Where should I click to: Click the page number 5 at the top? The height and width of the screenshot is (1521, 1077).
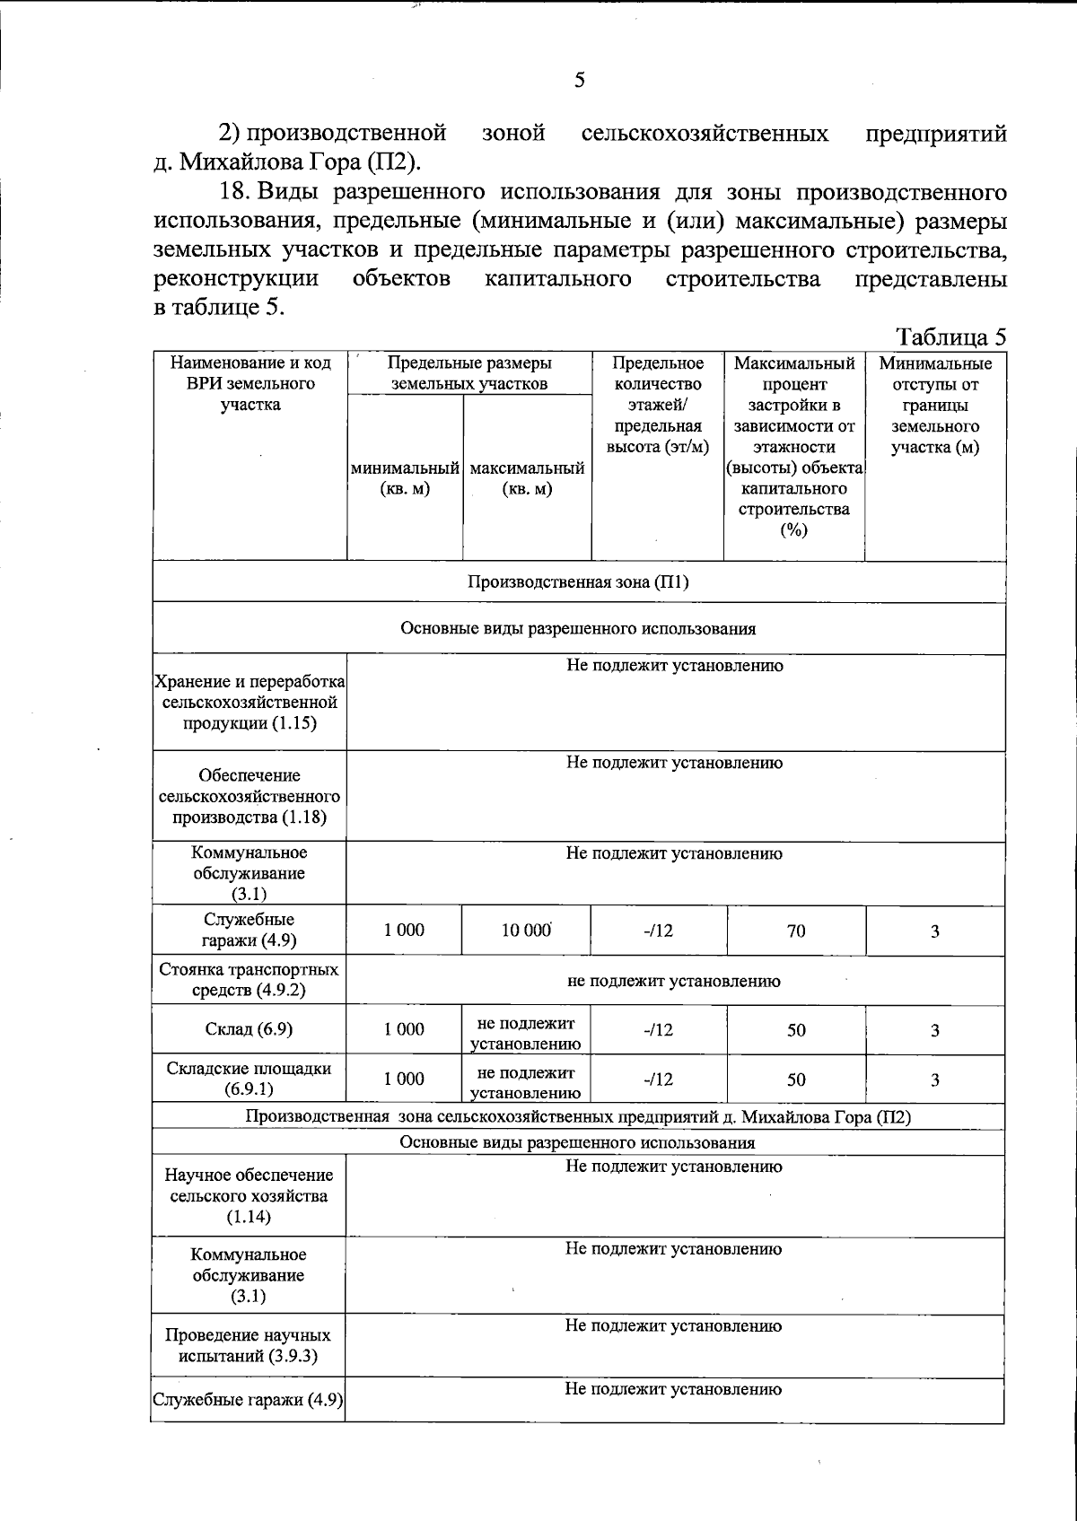click(x=579, y=81)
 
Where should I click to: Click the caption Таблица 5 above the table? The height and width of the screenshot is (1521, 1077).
click(x=951, y=337)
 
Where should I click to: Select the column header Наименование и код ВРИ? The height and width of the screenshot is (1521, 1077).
click(x=250, y=383)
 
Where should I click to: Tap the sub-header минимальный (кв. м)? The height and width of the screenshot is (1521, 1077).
click(x=405, y=478)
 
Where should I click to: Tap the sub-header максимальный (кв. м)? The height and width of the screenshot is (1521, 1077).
click(x=527, y=478)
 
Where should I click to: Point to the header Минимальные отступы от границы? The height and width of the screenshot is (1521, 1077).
click(x=935, y=405)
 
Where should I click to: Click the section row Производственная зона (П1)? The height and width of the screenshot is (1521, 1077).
click(x=578, y=581)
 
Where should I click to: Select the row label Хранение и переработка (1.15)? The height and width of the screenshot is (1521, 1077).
click(x=250, y=702)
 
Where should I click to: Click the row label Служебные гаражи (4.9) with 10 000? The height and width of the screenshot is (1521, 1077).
click(x=249, y=930)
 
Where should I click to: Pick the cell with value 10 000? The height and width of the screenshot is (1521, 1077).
click(x=526, y=931)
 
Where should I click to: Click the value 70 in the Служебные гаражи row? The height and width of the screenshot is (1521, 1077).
click(x=796, y=931)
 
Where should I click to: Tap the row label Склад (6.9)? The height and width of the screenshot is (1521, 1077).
click(x=249, y=1029)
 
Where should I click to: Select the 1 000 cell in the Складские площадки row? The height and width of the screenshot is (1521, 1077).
click(x=405, y=1079)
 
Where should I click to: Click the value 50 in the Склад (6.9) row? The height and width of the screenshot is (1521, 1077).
click(x=796, y=1030)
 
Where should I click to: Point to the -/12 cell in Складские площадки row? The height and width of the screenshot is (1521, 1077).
click(x=658, y=1080)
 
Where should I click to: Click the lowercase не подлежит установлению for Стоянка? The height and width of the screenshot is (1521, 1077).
click(x=674, y=981)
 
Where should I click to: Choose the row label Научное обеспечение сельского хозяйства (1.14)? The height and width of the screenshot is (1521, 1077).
click(x=249, y=1195)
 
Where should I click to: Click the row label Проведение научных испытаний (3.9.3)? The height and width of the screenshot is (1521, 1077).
click(x=248, y=1345)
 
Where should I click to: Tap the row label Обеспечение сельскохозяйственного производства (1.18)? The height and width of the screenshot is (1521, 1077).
click(x=250, y=796)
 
